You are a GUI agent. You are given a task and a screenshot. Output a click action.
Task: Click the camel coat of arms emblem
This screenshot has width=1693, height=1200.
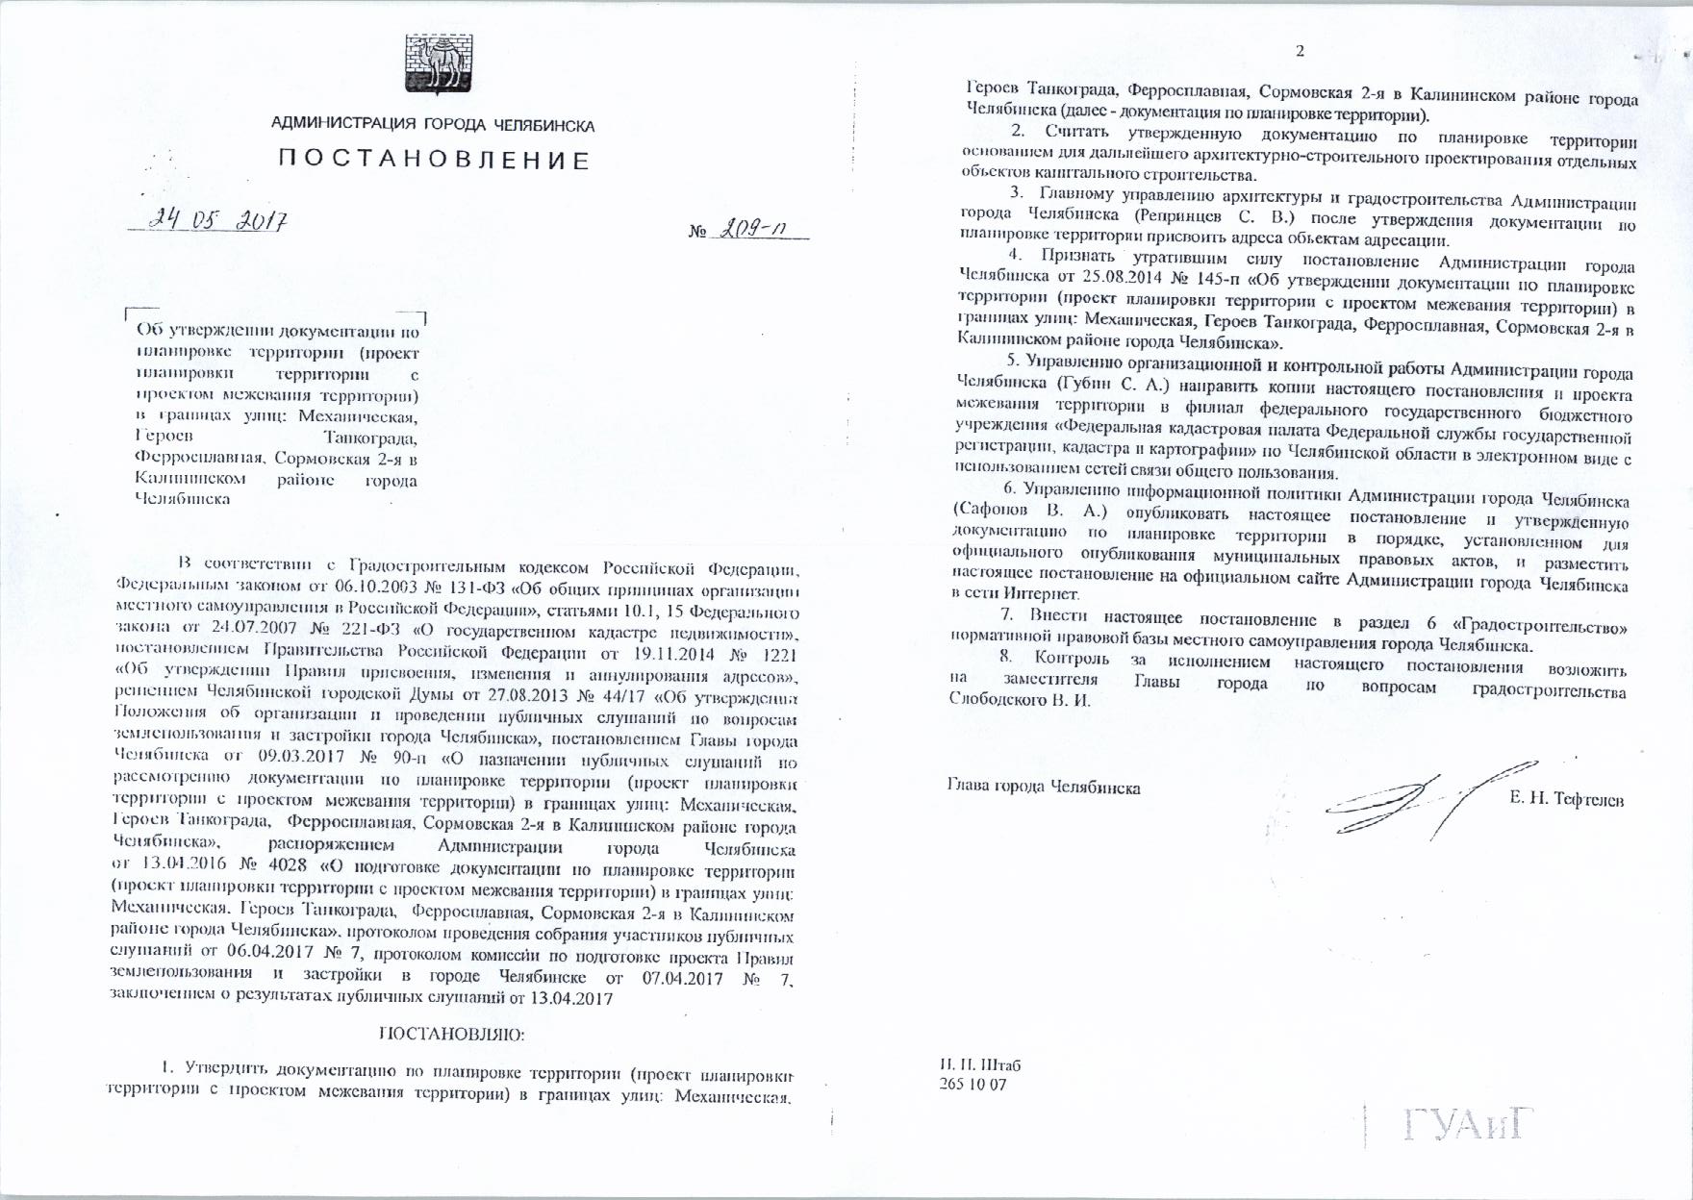click(x=432, y=64)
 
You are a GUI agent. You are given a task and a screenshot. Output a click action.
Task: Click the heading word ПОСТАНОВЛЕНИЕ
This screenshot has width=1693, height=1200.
click(x=434, y=160)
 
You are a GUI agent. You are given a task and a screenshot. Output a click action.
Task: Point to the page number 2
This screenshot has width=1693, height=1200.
click(x=1300, y=51)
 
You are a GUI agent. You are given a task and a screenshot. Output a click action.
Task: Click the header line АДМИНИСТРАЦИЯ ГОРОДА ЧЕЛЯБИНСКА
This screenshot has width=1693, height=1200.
click(x=433, y=125)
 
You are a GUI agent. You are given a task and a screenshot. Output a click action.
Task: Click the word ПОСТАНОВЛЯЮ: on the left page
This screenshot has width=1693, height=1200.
click(x=452, y=1035)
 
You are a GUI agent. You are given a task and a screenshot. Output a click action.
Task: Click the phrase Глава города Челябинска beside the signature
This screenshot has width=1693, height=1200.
click(x=1044, y=787)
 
